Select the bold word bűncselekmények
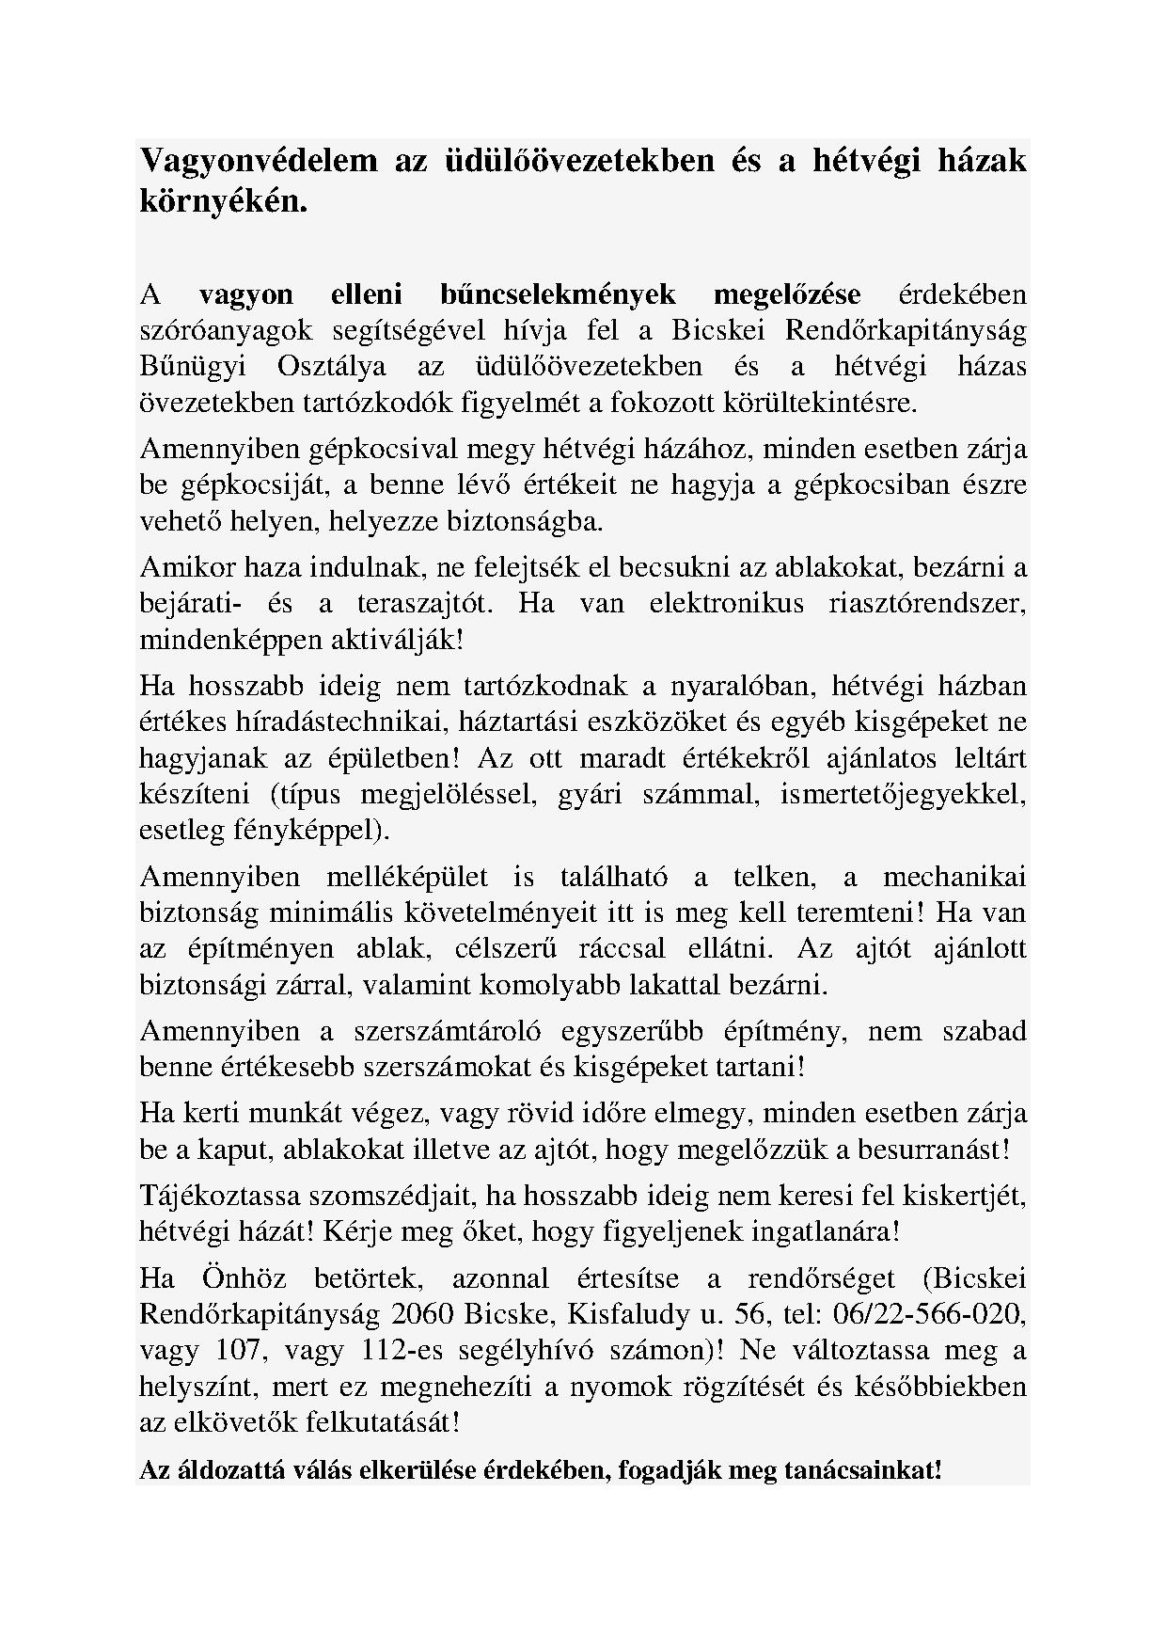558,294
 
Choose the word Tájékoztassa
218,1196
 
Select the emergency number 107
224,1351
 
